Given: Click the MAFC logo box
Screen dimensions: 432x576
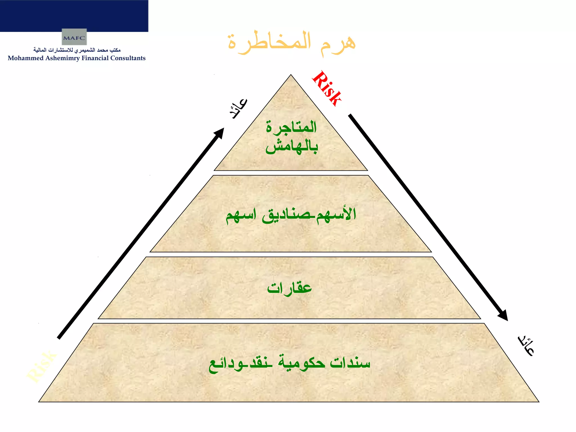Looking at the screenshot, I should click(74, 37).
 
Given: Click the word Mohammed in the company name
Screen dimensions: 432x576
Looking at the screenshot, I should click(26, 58).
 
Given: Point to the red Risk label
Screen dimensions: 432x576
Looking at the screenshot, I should click(327, 88).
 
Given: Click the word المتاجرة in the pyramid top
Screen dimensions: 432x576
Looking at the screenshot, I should click(291, 127).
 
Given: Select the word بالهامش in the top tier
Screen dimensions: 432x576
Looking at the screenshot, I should click(292, 147).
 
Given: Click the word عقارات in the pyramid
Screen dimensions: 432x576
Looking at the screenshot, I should click(289, 288).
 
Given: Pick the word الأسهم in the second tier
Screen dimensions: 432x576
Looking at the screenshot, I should click(336, 215).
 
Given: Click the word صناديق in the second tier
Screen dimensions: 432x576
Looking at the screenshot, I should click(286, 215).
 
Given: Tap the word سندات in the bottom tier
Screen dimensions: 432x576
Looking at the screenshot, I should click(350, 363).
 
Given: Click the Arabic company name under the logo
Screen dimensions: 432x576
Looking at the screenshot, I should click(77, 50).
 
